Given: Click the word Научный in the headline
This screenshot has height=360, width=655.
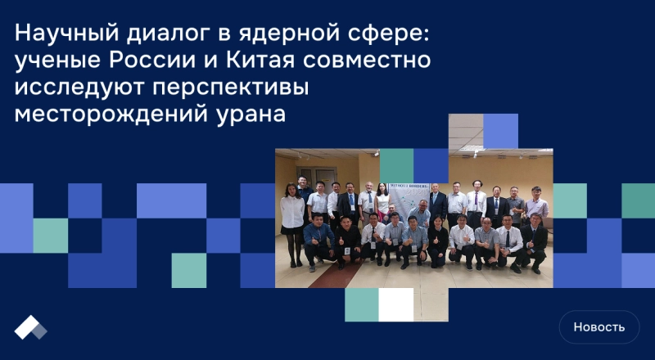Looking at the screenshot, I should pos(62,34).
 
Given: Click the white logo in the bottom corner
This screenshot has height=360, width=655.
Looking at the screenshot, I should pos(31,327).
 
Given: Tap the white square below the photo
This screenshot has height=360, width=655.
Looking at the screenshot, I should pos(396,304).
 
